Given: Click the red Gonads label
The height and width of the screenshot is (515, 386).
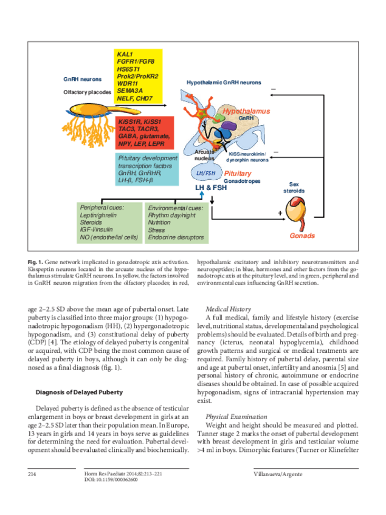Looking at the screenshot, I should pyautogui.click(x=302, y=236).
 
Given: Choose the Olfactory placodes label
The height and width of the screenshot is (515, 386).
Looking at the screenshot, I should pyautogui.click(x=88, y=92).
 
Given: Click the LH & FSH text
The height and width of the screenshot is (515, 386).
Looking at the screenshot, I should pyautogui.click(x=211, y=188).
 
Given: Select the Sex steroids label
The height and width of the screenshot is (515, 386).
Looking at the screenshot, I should pyautogui.click(x=294, y=187).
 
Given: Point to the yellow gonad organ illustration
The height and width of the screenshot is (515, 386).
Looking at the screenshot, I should pyautogui.click(x=299, y=214).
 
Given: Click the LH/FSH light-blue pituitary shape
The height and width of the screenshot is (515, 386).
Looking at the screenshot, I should pyautogui.click(x=206, y=173).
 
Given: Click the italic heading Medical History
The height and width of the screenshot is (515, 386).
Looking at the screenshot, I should pyautogui.click(x=228, y=309).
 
